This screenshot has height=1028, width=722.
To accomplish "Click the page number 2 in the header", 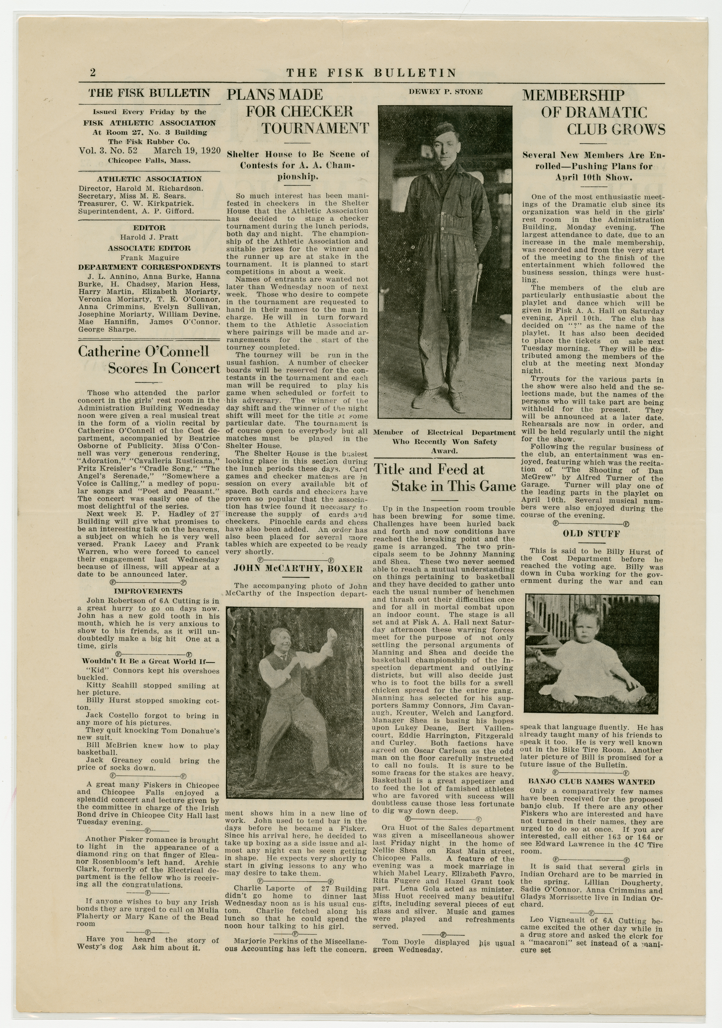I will (93, 73).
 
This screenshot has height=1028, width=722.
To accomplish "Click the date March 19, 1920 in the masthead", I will (187, 150).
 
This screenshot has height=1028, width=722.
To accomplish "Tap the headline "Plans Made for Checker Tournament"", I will (297, 111).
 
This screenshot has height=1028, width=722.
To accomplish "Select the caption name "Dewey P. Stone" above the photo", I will (445, 92).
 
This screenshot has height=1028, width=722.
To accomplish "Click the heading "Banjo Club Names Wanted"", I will (591, 782).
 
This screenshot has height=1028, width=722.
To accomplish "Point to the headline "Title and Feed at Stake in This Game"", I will (444, 478).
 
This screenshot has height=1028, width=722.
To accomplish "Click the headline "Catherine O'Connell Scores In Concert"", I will (149, 359).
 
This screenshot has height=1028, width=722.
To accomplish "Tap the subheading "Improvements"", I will (148, 591).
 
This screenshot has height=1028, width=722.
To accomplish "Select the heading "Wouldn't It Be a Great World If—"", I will (148, 661).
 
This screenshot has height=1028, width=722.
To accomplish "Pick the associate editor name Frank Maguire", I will (149, 258).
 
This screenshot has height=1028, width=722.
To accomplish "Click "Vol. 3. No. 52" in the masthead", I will (108, 150).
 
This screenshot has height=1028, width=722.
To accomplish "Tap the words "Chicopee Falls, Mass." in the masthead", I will (149, 161).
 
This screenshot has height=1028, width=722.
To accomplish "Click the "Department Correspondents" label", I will (149, 268).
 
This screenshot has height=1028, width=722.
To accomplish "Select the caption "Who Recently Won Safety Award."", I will (444, 446).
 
